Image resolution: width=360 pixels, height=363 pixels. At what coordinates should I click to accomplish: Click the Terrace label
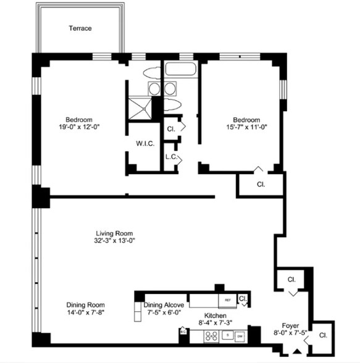click(x=80, y=28)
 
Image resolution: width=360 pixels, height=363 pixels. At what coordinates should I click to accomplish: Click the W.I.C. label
click(x=144, y=144)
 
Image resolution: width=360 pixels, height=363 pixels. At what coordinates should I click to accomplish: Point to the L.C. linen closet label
click(x=171, y=157)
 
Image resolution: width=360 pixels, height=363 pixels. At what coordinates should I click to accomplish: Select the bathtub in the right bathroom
click(x=180, y=72)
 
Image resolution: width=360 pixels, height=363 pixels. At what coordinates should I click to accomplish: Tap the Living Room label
click(x=114, y=233)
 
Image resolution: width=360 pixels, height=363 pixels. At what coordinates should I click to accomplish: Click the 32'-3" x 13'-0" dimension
click(x=114, y=240)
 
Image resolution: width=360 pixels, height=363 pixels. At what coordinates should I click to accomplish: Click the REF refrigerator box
click(x=228, y=301)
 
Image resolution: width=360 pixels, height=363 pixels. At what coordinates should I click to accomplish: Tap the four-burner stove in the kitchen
click(x=211, y=336)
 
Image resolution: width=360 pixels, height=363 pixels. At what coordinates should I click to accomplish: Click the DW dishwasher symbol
click(x=239, y=336)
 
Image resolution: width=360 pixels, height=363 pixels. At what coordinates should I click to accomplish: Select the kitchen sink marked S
click(x=227, y=336)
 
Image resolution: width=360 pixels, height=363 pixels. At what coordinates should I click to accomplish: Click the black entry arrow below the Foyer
click(x=297, y=352)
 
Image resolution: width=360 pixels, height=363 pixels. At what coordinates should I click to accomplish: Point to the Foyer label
click(x=291, y=325)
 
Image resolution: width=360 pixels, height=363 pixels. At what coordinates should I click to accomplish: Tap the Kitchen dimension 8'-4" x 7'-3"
click(x=216, y=322)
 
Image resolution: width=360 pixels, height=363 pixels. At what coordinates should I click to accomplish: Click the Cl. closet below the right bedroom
click(x=261, y=185)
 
